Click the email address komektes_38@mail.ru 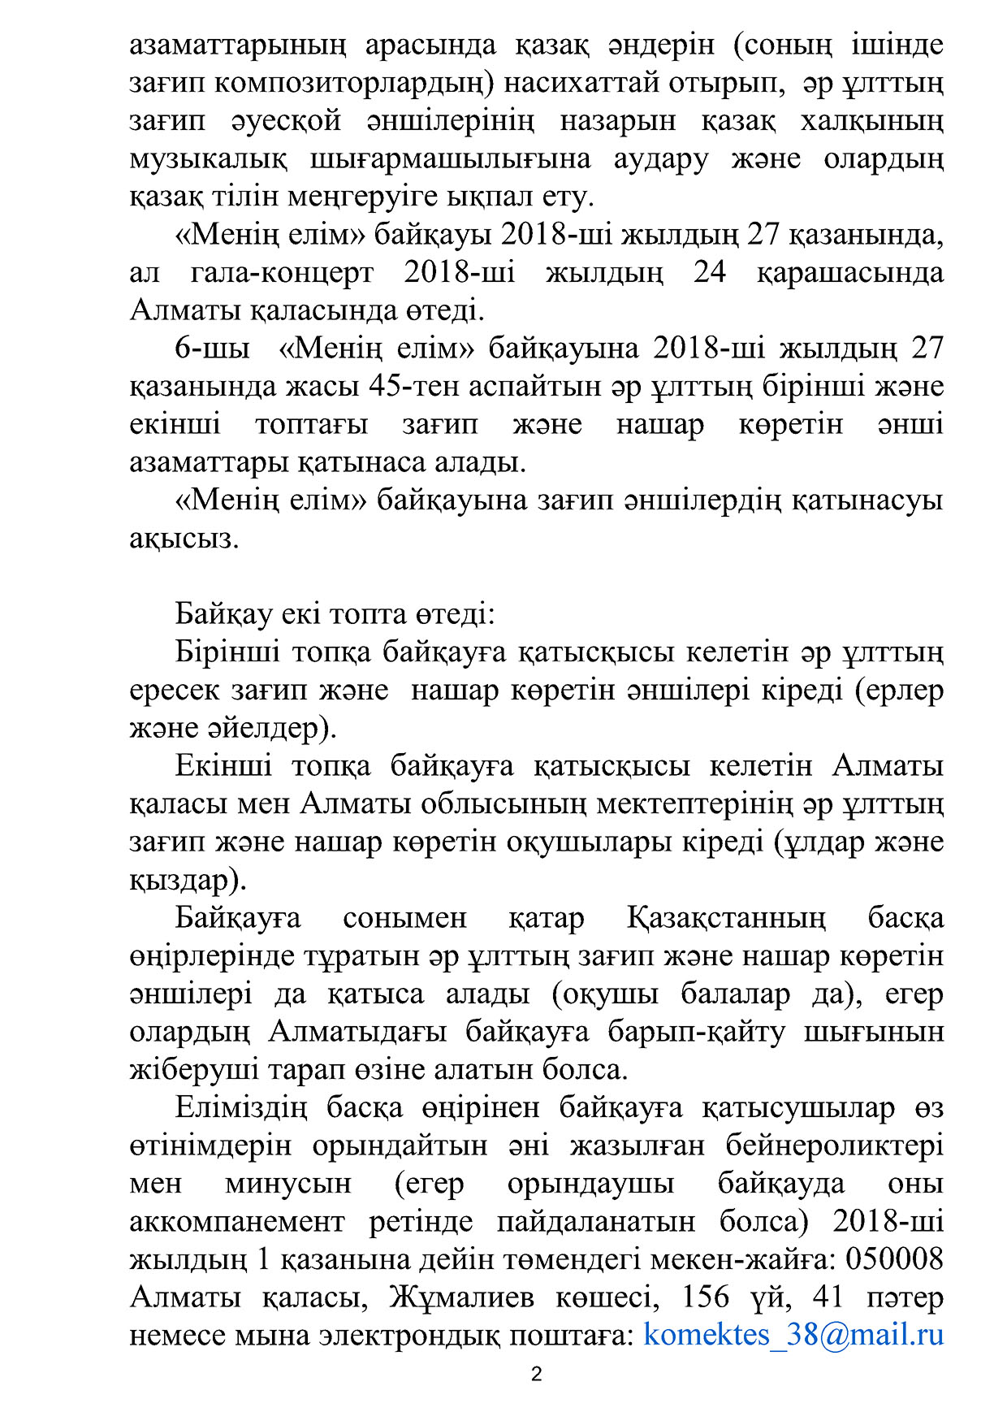tap(793, 1335)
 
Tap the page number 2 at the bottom tap(536, 1375)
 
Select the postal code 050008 tap(894, 1258)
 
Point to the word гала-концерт tap(282, 272)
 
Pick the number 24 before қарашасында tap(710, 272)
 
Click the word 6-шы tap(212, 348)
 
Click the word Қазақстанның tap(726, 918)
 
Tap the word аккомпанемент tap(237, 1221)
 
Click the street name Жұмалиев tap(461, 1297)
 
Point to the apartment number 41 tap(828, 1297)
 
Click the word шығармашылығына tap(451, 158)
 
